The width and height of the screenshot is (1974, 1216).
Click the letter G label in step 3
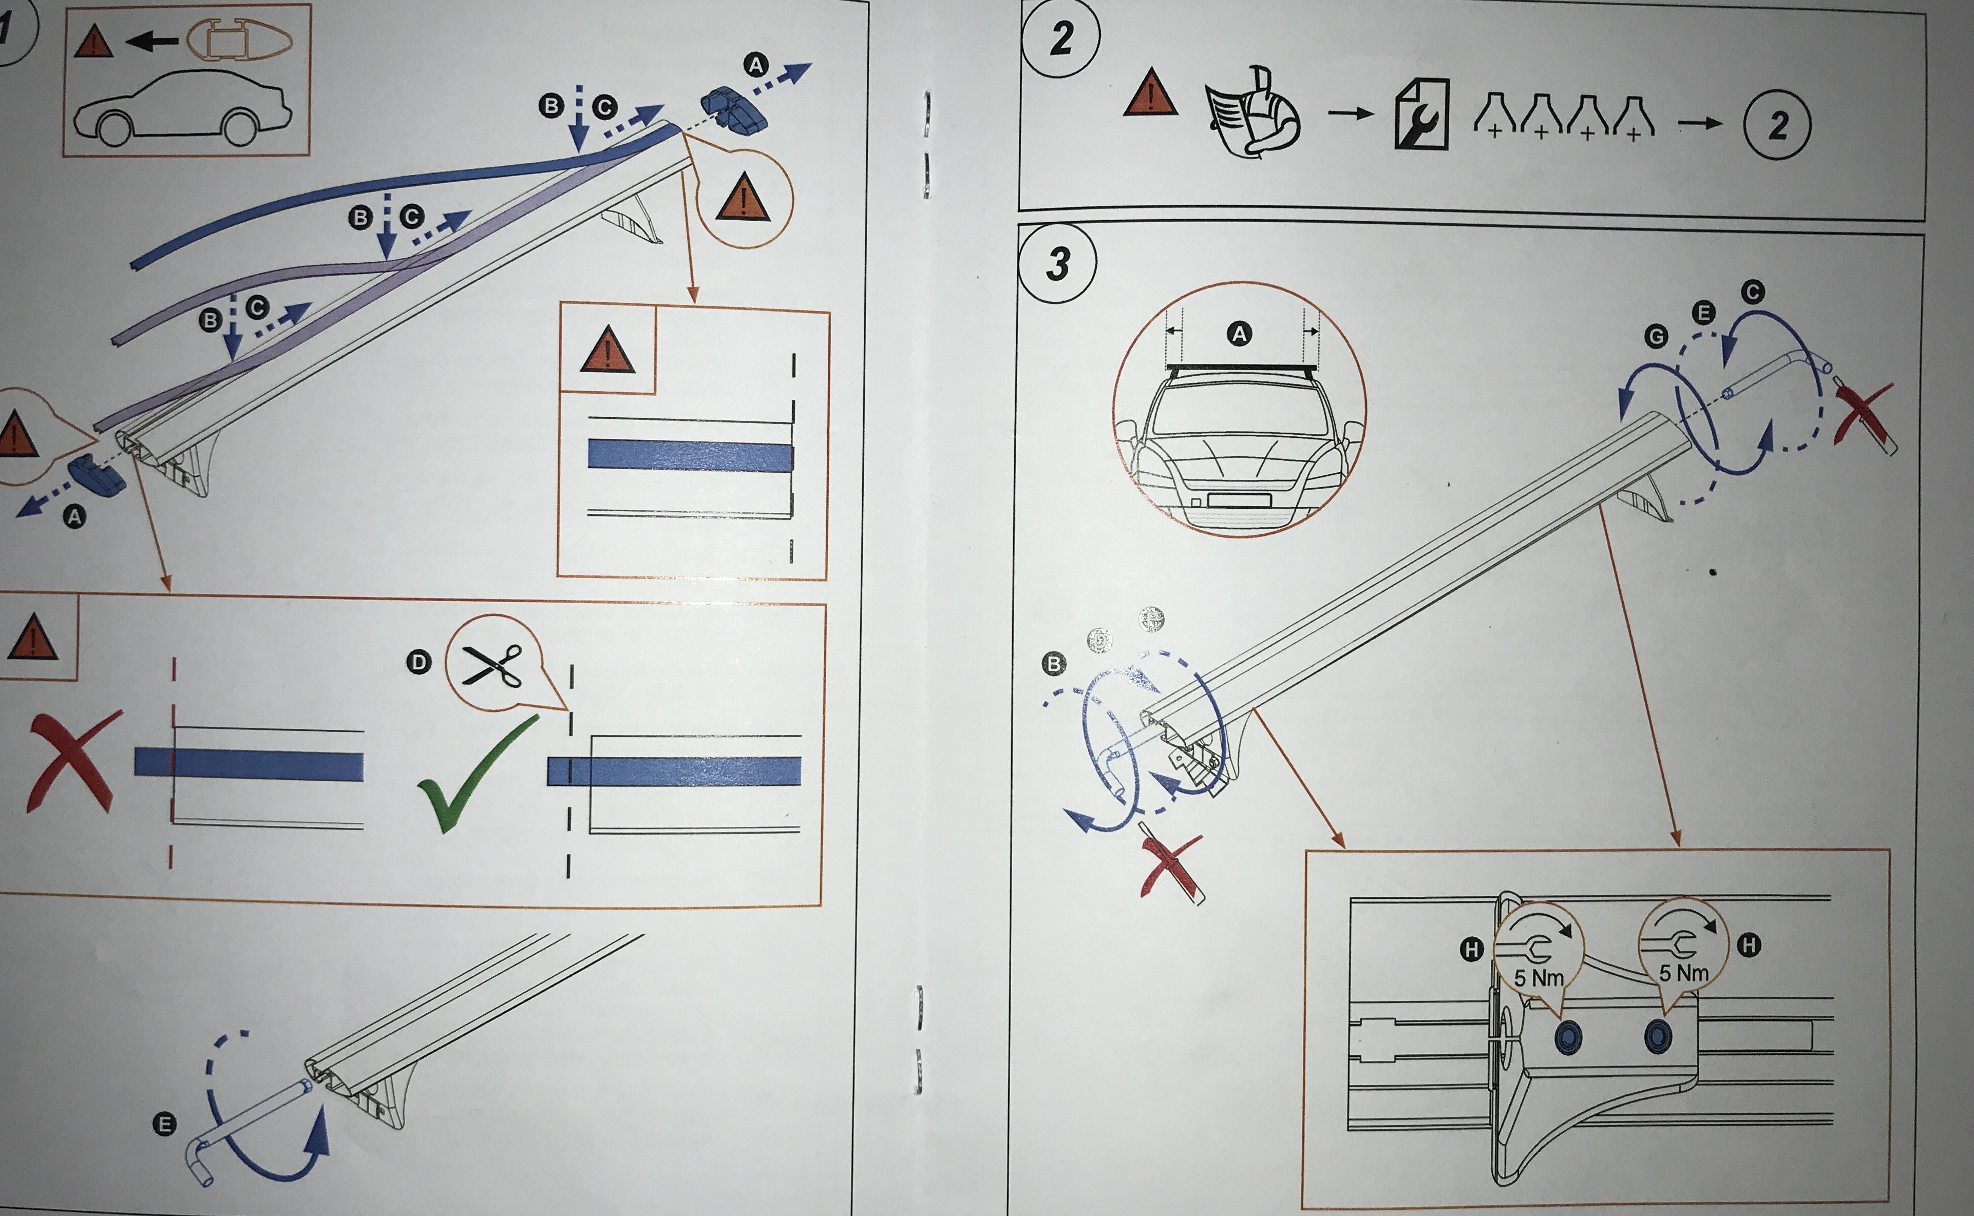coord(1656,336)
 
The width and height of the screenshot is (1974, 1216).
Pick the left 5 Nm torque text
coord(1538,978)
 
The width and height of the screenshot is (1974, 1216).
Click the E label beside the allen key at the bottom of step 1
coord(164,1124)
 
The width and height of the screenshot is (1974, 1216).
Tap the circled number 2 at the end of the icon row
coord(1777,125)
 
